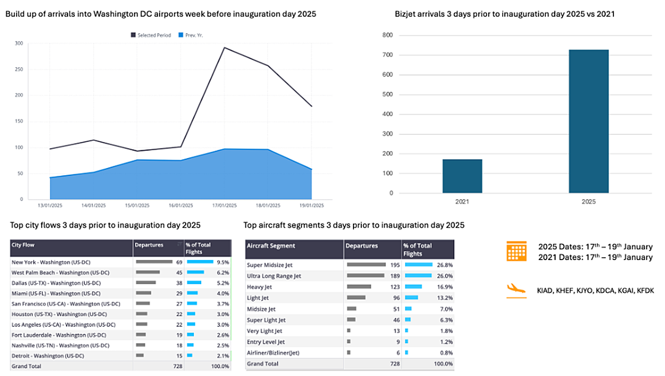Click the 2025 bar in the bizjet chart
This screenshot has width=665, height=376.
[589, 121]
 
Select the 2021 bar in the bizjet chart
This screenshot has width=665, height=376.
[462, 176]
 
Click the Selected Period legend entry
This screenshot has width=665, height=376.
[151, 35]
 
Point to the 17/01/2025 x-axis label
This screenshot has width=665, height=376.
[224, 205]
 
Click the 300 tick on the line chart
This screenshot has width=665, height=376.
[19, 43]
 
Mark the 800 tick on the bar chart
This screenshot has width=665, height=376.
[387, 35]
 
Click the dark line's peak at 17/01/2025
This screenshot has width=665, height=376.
[224, 48]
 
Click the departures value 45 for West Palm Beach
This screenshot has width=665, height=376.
[179, 272]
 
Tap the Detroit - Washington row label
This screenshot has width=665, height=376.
[47, 355]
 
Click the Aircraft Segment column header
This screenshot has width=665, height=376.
[271, 246]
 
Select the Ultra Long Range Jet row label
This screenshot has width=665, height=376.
[274, 276]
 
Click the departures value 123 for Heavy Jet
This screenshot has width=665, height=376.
[392, 287]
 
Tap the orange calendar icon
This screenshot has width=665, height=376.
[516, 251]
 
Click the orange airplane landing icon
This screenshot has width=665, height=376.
[516, 289]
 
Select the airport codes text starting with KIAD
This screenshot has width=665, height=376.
[595, 290]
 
